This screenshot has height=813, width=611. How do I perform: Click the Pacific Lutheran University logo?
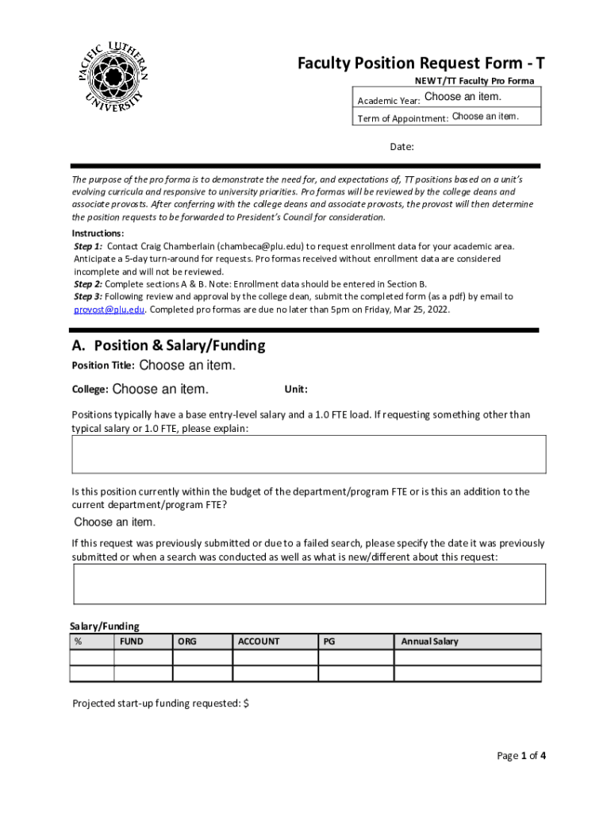pyautogui.click(x=113, y=78)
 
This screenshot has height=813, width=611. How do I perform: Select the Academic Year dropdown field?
pyautogui.click(x=463, y=97)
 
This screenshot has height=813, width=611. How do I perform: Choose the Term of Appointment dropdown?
pyautogui.click(x=485, y=117)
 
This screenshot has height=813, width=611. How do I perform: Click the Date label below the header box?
pyautogui.click(x=402, y=147)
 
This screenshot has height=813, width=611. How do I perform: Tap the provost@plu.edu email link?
pyautogui.click(x=110, y=310)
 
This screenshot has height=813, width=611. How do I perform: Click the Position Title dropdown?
pyautogui.click(x=187, y=366)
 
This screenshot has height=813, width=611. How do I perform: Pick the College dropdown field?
pyautogui.click(x=160, y=390)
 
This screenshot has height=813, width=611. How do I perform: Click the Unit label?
pyautogui.click(x=296, y=389)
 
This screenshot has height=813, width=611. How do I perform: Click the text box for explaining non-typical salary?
pyautogui.click(x=309, y=454)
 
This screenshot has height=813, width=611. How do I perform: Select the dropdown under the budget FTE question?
pyautogui.click(x=115, y=522)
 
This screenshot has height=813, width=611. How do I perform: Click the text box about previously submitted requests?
pyautogui.click(x=309, y=584)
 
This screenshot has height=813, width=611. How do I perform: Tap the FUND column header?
pyautogui.click(x=132, y=642)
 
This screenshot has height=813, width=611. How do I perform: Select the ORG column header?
pyautogui.click(x=187, y=642)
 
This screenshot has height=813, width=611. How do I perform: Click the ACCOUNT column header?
pyautogui.click(x=259, y=642)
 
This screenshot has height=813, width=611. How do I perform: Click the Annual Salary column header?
pyautogui.click(x=429, y=642)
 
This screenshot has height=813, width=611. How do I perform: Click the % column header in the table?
pyautogui.click(x=79, y=642)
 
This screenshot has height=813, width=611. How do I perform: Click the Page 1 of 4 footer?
pyautogui.click(x=521, y=755)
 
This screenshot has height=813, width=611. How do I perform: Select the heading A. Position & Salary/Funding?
pyautogui.click(x=168, y=346)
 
